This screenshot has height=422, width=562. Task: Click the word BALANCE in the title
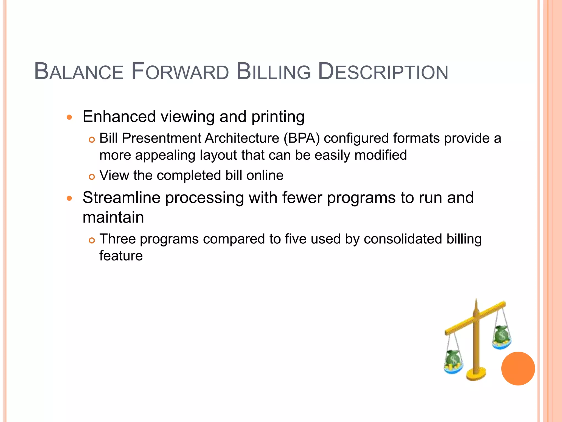click(x=79, y=72)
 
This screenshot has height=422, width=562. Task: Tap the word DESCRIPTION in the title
click(x=383, y=72)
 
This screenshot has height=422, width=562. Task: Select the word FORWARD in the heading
click(x=180, y=72)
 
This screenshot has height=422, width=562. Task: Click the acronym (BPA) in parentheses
click(x=302, y=138)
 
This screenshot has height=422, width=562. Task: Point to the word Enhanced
click(x=119, y=116)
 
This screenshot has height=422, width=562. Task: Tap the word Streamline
click(x=121, y=198)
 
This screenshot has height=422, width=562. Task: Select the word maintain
click(x=113, y=217)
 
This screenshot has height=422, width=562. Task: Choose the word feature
click(x=121, y=256)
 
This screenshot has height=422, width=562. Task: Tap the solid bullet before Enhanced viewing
click(x=69, y=118)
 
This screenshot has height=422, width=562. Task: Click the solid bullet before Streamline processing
click(x=69, y=198)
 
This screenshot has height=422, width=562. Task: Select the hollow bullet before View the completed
click(x=92, y=177)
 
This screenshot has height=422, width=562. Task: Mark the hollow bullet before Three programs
click(x=92, y=240)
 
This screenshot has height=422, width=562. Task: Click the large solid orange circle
click(x=518, y=368)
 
